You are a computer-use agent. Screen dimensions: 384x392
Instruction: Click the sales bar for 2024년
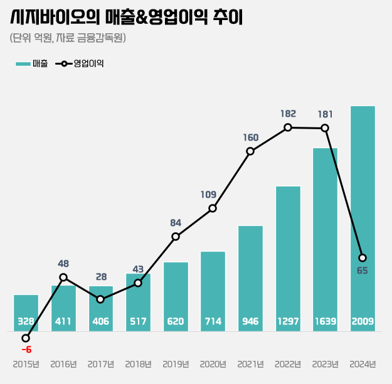[x=363, y=213]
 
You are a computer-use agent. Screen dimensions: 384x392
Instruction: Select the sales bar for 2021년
[x=250, y=276]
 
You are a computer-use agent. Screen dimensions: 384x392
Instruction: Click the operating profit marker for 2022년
[x=288, y=127]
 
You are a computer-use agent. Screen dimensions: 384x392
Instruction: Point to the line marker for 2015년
[x=26, y=338]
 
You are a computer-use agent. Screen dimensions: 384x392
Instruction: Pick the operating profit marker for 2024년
[x=363, y=258]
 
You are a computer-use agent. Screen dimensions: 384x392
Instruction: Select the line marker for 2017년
[x=100, y=299]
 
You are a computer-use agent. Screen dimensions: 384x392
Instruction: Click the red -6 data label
[x=26, y=349]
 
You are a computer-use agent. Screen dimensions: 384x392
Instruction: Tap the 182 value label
[x=288, y=114]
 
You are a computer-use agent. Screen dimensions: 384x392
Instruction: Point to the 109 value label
[x=208, y=195]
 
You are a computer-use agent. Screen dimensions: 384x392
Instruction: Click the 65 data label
[x=362, y=271]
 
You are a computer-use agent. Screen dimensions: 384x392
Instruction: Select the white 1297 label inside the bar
[x=288, y=321]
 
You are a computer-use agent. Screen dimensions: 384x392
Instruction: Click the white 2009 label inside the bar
[x=363, y=321]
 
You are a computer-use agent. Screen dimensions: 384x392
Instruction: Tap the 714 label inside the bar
[x=213, y=321]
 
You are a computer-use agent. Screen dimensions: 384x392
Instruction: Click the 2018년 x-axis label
[x=138, y=364]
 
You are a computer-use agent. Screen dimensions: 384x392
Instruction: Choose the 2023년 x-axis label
[x=325, y=364]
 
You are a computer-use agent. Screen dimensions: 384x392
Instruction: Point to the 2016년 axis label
[x=63, y=364]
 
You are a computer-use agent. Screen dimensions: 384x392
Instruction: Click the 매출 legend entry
[x=32, y=63]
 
